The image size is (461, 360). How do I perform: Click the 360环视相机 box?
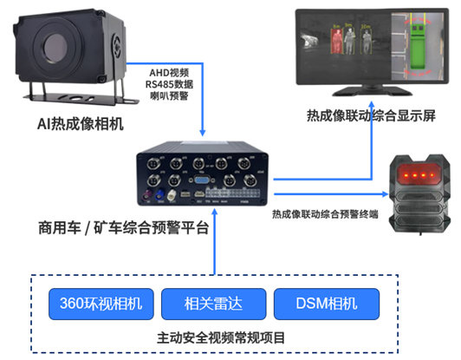(101, 304)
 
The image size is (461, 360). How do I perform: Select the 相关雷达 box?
(213, 304)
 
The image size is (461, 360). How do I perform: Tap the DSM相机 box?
(327, 304)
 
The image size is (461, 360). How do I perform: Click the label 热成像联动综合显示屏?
(371, 115)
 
